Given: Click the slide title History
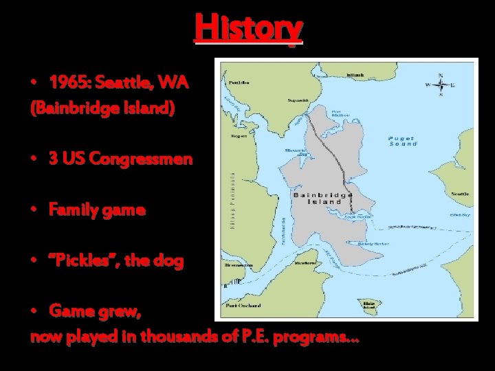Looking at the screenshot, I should [x=248, y=28].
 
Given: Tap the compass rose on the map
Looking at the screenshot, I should [x=441, y=86].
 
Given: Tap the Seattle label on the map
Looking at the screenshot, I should [x=460, y=194].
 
